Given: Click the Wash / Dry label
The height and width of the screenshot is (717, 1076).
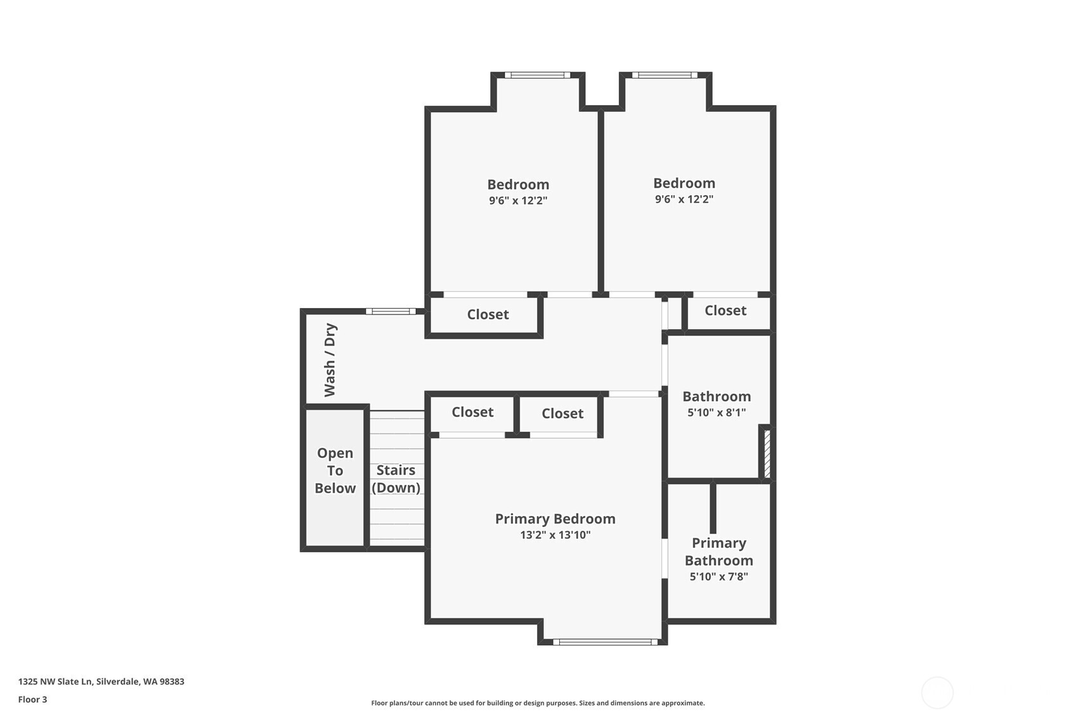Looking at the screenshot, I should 330,359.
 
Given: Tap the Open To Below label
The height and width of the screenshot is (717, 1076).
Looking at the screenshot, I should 335,470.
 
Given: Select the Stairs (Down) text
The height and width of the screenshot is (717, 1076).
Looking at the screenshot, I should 396,479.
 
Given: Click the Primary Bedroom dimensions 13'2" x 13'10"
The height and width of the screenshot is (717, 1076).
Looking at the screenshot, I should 555,535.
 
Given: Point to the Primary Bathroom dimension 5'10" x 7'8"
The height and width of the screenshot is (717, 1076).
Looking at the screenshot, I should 718,577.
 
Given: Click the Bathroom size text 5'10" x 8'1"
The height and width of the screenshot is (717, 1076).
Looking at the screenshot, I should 716,413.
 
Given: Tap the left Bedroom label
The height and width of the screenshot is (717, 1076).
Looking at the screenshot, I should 518,184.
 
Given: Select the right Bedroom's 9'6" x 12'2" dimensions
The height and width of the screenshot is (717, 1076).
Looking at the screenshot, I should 684,199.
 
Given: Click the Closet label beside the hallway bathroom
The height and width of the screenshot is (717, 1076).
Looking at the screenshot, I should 725,311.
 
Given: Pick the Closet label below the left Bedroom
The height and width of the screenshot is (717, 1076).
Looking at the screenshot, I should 488,314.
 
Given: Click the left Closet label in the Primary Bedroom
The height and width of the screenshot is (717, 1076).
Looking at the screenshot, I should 472,412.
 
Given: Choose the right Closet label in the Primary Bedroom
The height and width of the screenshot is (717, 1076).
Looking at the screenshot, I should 562,413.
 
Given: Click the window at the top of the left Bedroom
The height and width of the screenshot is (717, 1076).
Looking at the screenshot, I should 537,75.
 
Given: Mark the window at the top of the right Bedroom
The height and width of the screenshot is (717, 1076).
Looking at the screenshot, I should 664,75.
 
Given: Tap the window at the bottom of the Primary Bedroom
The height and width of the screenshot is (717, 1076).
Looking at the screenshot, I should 605,642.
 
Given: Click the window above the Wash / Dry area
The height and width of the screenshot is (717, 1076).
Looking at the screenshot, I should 391,311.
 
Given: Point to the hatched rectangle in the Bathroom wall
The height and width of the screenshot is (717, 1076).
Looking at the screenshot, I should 767,454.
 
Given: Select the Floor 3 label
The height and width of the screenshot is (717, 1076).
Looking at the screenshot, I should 32,700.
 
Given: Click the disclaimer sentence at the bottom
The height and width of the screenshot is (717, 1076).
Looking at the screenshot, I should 538,703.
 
